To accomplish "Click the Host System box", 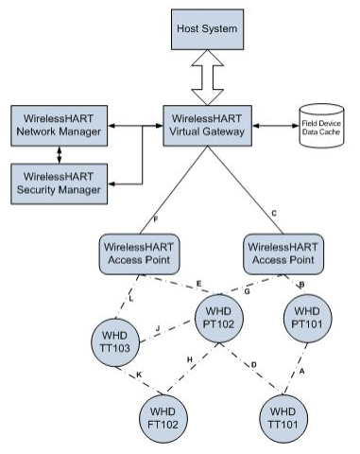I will pos(206,29).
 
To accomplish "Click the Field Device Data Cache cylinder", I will pos(322,126).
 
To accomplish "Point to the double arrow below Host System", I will pos(206,79).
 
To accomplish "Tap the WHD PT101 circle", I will pos(308,317).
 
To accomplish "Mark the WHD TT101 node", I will pos(283,419).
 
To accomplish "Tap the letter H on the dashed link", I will pos(190,359).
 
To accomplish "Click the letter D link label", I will pos(253,364).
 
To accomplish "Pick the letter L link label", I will pos(129,299).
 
